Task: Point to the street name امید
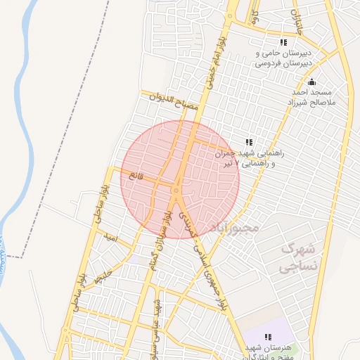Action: (110, 240)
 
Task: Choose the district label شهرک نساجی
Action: (299, 257)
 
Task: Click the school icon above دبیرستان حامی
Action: (284, 42)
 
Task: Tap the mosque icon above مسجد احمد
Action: (312, 82)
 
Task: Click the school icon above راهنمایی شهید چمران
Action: (249, 142)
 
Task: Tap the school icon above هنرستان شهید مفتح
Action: (268, 337)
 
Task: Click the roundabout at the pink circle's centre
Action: (175, 188)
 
